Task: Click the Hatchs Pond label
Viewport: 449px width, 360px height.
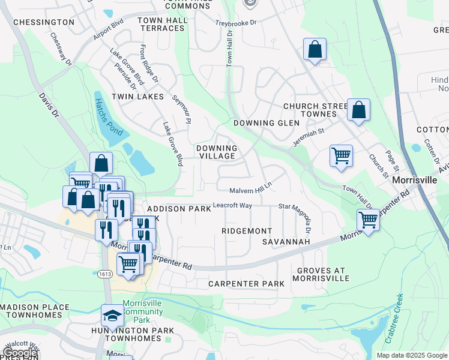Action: pyautogui.click(x=103, y=116)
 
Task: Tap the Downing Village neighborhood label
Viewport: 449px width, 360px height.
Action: pyautogui.click(x=217, y=152)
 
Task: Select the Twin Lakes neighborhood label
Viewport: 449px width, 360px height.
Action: pyautogui.click(x=141, y=97)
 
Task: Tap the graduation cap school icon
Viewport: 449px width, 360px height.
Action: pyautogui.click(x=112, y=315)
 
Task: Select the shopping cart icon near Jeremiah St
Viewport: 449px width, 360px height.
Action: pyautogui.click(x=341, y=155)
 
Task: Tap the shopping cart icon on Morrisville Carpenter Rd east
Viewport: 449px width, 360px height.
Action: pyautogui.click(x=368, y=220)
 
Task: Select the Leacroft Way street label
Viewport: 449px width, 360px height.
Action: pyautogui.click(x=232, y=205)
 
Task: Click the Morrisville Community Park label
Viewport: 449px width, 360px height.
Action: pyautogui.click(x=143, y=311)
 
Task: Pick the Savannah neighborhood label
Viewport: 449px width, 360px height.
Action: pyautogui.click(x=286, y=242)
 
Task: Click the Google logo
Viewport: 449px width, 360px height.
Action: pyautogui.click(x=20, y=353)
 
